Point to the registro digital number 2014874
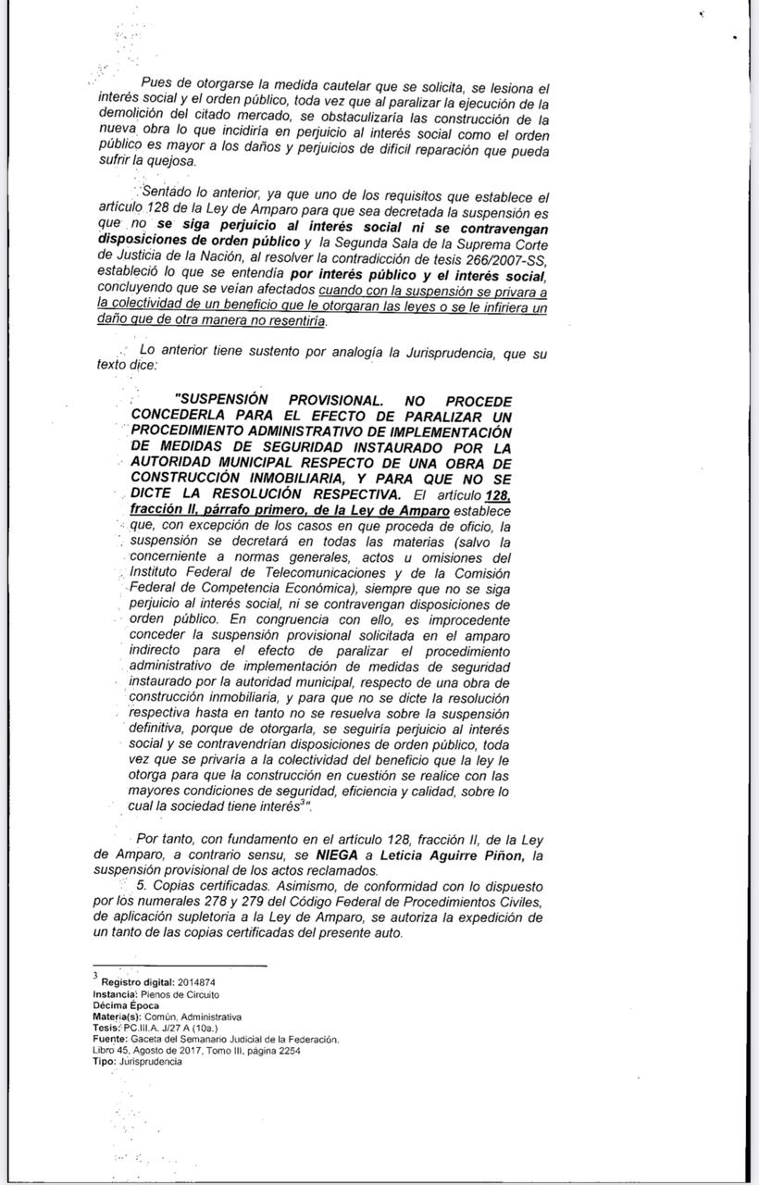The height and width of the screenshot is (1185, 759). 193,981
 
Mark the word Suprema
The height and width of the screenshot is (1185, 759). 491,243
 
